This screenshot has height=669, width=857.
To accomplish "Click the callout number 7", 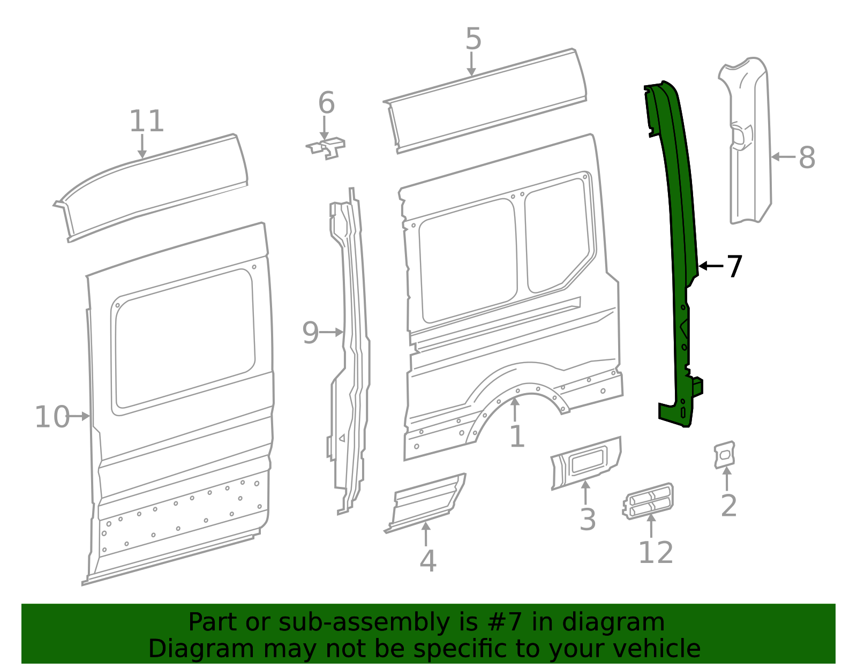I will point(734,266).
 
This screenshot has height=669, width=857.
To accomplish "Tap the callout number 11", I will point(146,122).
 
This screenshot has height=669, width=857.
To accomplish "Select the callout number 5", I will point(473,39).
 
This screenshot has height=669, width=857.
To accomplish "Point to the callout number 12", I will point(656,553).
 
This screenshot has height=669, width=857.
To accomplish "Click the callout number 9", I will point(310,333).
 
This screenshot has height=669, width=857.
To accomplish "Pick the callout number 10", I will point(52,417).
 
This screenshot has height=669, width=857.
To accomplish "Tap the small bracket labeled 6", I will point(327,148).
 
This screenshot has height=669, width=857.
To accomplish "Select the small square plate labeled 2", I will point(724,455).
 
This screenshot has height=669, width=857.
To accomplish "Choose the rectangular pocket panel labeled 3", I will point(587,461).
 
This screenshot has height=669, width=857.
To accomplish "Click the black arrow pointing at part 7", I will point(710,266).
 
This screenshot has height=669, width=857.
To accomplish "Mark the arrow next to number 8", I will point(783,157).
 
